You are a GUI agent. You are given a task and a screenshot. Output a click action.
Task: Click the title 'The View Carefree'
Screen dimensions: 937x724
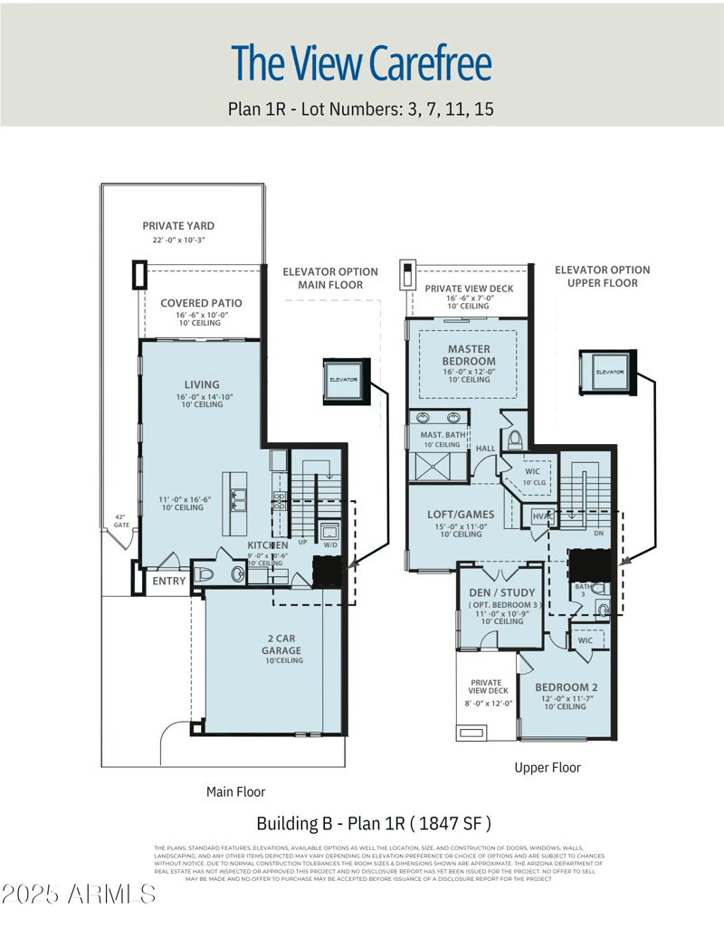coord(361,62)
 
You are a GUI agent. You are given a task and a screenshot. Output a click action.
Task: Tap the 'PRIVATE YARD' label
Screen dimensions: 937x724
coord(178,226)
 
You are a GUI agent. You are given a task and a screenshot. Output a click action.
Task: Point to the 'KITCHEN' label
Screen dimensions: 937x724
coord(268,545)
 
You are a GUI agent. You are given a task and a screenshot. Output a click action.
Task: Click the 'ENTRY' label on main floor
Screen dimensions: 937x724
coord(168,582)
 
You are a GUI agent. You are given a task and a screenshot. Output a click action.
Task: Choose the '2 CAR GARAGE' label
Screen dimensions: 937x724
coord(281,644)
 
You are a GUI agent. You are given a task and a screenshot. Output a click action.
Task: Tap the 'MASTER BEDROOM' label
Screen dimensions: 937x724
coord(468,355)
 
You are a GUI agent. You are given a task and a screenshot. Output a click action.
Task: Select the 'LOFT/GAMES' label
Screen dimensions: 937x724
coord(460,515)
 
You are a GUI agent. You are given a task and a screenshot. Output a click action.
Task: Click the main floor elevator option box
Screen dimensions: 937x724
coord(344,379)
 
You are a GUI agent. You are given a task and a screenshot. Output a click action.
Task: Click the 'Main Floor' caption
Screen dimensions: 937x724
coord(235,791)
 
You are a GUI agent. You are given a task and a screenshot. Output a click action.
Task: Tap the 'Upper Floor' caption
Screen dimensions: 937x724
coord(548,767)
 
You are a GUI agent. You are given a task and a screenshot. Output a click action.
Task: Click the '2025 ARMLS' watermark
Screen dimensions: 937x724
coord(79,895)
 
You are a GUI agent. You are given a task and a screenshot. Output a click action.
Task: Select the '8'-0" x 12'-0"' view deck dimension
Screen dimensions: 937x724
coord(489,703)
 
